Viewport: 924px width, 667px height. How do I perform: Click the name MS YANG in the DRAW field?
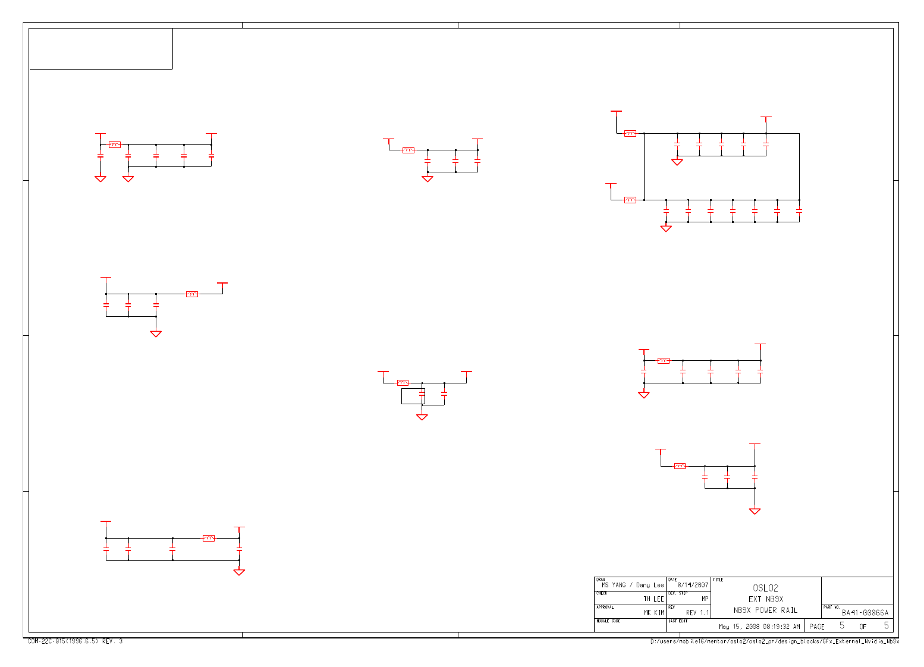pos(613,585)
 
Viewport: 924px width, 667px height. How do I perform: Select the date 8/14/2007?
pos(693,585)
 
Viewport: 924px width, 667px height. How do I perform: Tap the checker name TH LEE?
pos(653,599)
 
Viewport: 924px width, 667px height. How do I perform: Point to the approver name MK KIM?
pos(654,613)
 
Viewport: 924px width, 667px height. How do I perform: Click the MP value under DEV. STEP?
pos(705,599)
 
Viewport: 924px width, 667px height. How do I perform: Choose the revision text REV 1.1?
pos(697,613)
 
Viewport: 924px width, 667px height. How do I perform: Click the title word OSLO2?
pos(765,588)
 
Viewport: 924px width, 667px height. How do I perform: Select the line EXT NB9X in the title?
pos(765,599)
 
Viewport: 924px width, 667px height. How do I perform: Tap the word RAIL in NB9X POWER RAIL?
pos(789,611)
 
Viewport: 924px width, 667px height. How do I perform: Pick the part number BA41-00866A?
pos(865,613)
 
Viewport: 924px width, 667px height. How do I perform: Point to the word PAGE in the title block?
pos(817,627)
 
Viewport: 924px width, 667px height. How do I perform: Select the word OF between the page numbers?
pos(863,627)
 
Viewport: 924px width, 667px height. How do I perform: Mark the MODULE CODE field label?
pos(608,621)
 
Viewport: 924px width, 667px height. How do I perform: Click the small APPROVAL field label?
pos(605,607)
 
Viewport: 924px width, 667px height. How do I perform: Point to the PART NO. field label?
pos(831,607)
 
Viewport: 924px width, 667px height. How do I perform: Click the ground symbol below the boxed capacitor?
pos(422,417)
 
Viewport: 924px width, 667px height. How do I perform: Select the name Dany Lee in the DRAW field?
pos(650,585)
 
